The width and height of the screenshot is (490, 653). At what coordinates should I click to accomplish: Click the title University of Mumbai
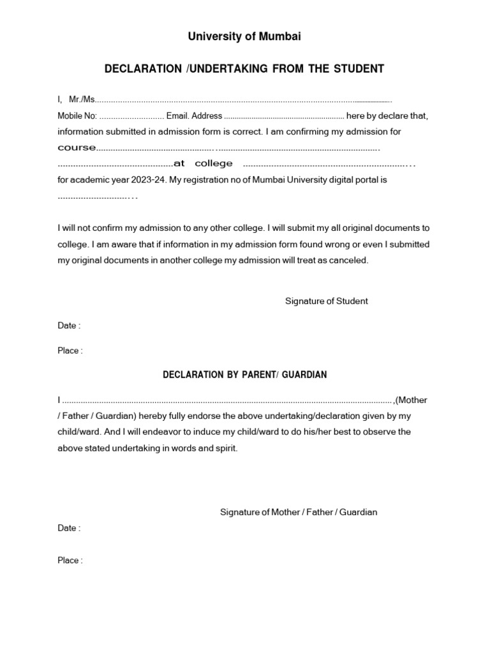[244, 37]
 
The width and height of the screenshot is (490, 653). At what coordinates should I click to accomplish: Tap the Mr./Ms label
[82, 99]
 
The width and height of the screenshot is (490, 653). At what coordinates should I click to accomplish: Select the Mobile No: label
[77, 116]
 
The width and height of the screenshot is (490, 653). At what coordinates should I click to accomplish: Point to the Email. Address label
[194, 116]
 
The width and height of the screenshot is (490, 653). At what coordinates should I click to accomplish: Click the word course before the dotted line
[77, 148]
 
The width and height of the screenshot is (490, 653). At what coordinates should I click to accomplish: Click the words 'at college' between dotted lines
[198, 164]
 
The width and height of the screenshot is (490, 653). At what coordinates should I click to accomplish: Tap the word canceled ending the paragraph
[350, 260]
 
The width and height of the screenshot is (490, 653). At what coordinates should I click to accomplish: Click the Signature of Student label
[326, 301]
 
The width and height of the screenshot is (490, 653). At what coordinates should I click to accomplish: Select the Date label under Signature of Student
[68, 325]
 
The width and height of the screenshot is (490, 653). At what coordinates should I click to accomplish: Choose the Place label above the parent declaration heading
[70, 351]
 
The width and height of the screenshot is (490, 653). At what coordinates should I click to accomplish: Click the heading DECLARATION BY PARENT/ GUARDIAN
[244, 375]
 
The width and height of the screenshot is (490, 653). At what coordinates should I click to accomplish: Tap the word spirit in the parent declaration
[226, 448]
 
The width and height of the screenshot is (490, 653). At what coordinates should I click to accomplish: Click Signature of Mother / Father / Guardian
[298, 512]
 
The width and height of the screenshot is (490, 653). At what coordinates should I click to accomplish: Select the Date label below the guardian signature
[68, 528]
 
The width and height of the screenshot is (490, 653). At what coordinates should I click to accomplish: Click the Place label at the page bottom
[70, 561]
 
